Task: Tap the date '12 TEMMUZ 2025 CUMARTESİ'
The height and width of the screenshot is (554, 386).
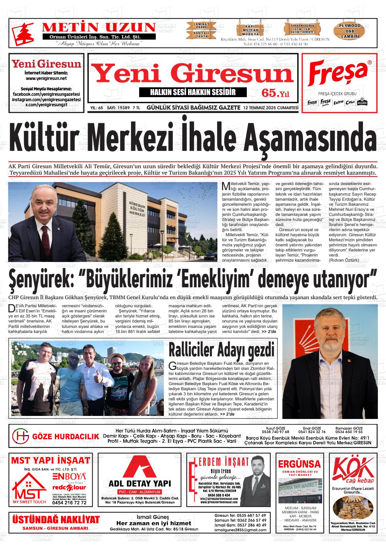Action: (271, 108)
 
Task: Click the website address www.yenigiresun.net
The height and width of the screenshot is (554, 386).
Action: (46, 78)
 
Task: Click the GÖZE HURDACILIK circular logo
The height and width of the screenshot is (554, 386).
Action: (20, 436)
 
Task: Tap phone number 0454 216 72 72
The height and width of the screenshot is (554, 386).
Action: (69, 503)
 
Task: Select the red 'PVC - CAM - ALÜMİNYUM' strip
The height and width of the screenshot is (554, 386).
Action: (140, 492)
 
